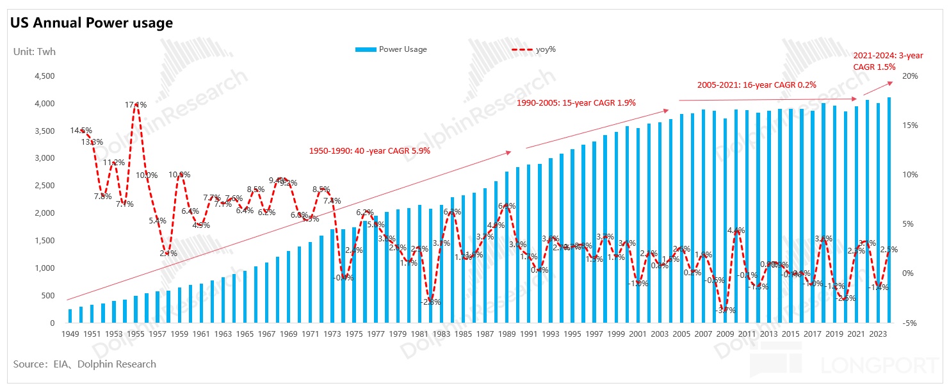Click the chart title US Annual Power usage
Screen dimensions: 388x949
91,24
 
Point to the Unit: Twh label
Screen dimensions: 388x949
35,52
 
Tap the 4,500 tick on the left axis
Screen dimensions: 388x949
43,76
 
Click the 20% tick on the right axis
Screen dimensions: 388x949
911,76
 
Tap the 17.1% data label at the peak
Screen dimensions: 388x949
136,105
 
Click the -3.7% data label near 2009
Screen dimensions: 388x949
725,311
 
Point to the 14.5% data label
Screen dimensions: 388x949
81,131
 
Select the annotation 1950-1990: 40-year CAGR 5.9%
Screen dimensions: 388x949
369,152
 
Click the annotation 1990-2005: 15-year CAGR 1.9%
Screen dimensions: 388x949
576,103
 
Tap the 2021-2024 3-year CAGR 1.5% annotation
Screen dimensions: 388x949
888,61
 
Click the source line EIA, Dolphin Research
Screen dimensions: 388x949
85,364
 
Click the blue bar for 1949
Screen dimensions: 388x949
70,316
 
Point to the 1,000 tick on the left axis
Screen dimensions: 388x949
43,268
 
